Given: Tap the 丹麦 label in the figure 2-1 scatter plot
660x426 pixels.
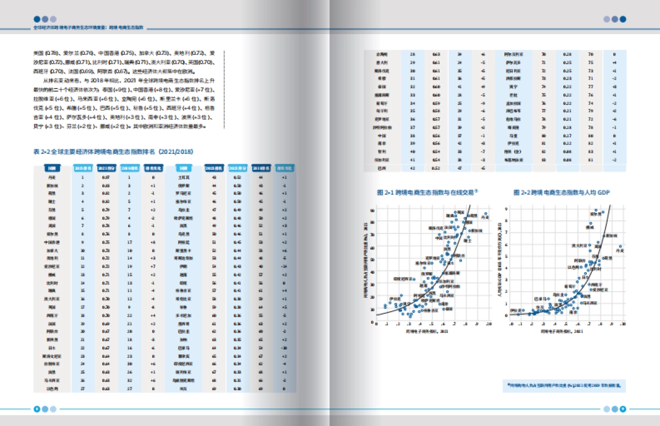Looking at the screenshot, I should tap(484, 218).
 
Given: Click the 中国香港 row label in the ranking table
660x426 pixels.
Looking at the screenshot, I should tap(52, 242).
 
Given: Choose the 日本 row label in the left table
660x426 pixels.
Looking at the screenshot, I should tap(52, 347).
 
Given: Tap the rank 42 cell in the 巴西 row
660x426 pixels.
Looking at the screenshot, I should tap(413, 167).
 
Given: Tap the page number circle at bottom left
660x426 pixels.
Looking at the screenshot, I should tap(37, 408).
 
